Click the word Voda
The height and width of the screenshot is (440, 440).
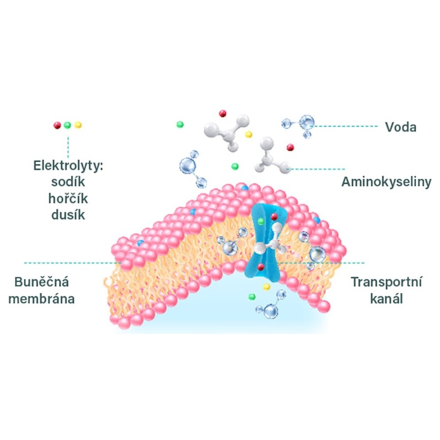tap(400, 128)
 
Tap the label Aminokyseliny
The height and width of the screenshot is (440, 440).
tap(387, 181)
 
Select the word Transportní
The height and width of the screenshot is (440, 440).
tap(387, 283)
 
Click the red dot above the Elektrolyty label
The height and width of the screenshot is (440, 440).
tap(57, 125)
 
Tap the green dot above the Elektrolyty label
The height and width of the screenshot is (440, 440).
tap(67, 125)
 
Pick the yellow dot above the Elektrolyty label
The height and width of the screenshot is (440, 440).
tap(78, 125)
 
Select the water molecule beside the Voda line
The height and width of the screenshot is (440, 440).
tap(304, 123)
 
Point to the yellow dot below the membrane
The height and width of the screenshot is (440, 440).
tap(266, 287)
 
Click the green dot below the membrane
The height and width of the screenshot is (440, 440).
tap(252, 297)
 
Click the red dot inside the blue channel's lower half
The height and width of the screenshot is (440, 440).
tap(260, 267)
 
